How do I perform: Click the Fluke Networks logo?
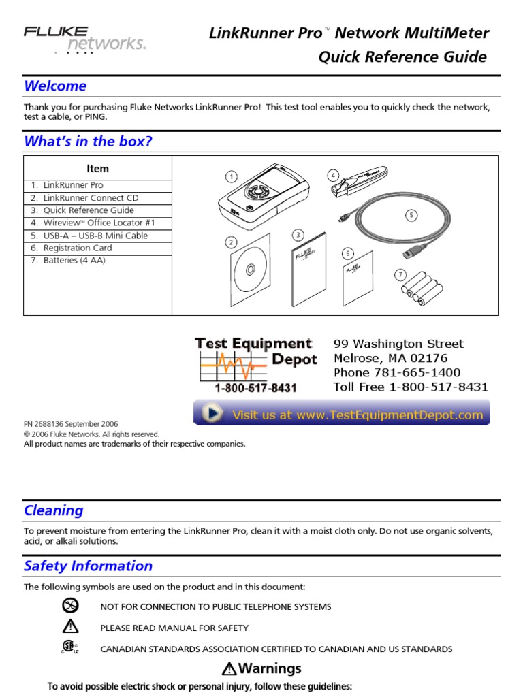click(84, 39)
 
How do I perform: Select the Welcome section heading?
click(55, 86)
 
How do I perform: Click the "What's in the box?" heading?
click(88, 142)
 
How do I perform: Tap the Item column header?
click(97, 169)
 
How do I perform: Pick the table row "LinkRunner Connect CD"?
click(91, 198)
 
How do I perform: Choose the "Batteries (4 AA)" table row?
click(74, 261)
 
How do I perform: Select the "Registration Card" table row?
click(77, 248)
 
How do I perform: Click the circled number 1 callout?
click(232, 177)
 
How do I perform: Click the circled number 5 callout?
click(411, 216)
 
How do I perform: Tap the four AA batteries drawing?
click(422, 289)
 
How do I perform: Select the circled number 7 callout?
click(400, 275)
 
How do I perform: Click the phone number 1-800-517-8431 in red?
click(255, 388)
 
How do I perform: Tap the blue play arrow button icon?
click(213, 414)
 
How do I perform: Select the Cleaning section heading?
click(54, 510)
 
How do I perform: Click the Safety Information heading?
click(88, 566)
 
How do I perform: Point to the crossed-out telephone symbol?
click(70, 606)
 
